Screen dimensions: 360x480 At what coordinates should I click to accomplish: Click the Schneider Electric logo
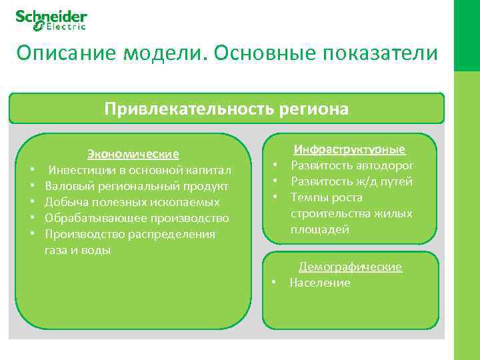pyautogui.click(x=51, y=19)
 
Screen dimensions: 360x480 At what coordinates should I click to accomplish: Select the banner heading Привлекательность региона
pyautogui.click(x=226, y=109)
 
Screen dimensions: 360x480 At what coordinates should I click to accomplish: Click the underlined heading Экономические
pyautogui.click(x=133, y=154)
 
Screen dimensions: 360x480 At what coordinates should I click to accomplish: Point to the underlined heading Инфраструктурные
pyautogui.click(x=350, y=149)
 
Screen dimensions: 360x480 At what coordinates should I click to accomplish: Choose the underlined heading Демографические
pyautogui.click(x=350, y=267)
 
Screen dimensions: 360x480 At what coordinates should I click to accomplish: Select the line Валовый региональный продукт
pyautogui.click(x=137, y=186)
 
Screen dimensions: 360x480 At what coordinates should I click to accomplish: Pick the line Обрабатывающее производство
pyautogui.click(x=137, y=218)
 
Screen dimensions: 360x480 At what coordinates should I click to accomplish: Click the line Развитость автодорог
pyautogui.click(x=352, y=165)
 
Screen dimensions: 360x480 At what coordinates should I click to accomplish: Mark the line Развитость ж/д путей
pyautogui.click(x=351, y=181)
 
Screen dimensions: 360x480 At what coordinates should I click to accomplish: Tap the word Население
pyautogui.click(x=319, y=283)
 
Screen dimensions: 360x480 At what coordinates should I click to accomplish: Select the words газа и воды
pyautogui.click(x=78, y=250)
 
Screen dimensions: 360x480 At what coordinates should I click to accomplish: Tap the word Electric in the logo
pyautogui.click(x=65, y=27)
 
